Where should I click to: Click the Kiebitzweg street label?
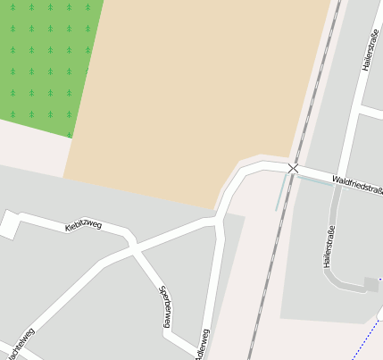84,224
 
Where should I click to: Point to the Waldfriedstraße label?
356,185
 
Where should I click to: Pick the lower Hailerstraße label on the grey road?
329,247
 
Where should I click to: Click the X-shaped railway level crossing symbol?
293,167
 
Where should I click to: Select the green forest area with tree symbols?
45,63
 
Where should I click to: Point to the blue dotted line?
371,335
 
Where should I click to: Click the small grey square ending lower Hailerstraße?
371,285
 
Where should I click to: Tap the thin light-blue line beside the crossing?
282,191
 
